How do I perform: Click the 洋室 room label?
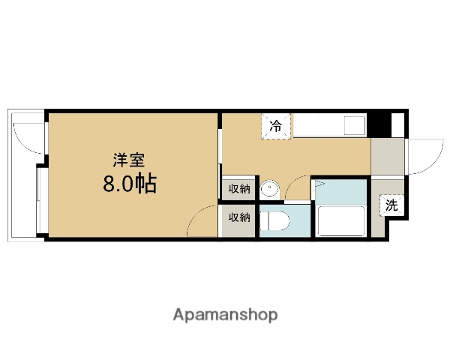124,160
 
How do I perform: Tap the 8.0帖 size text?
130,184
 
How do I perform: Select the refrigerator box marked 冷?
276,126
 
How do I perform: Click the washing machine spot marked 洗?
391,204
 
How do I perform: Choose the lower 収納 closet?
238,218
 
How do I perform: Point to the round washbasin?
270,190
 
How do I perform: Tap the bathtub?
341,221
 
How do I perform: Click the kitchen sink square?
353,125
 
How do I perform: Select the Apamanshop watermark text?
225,313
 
